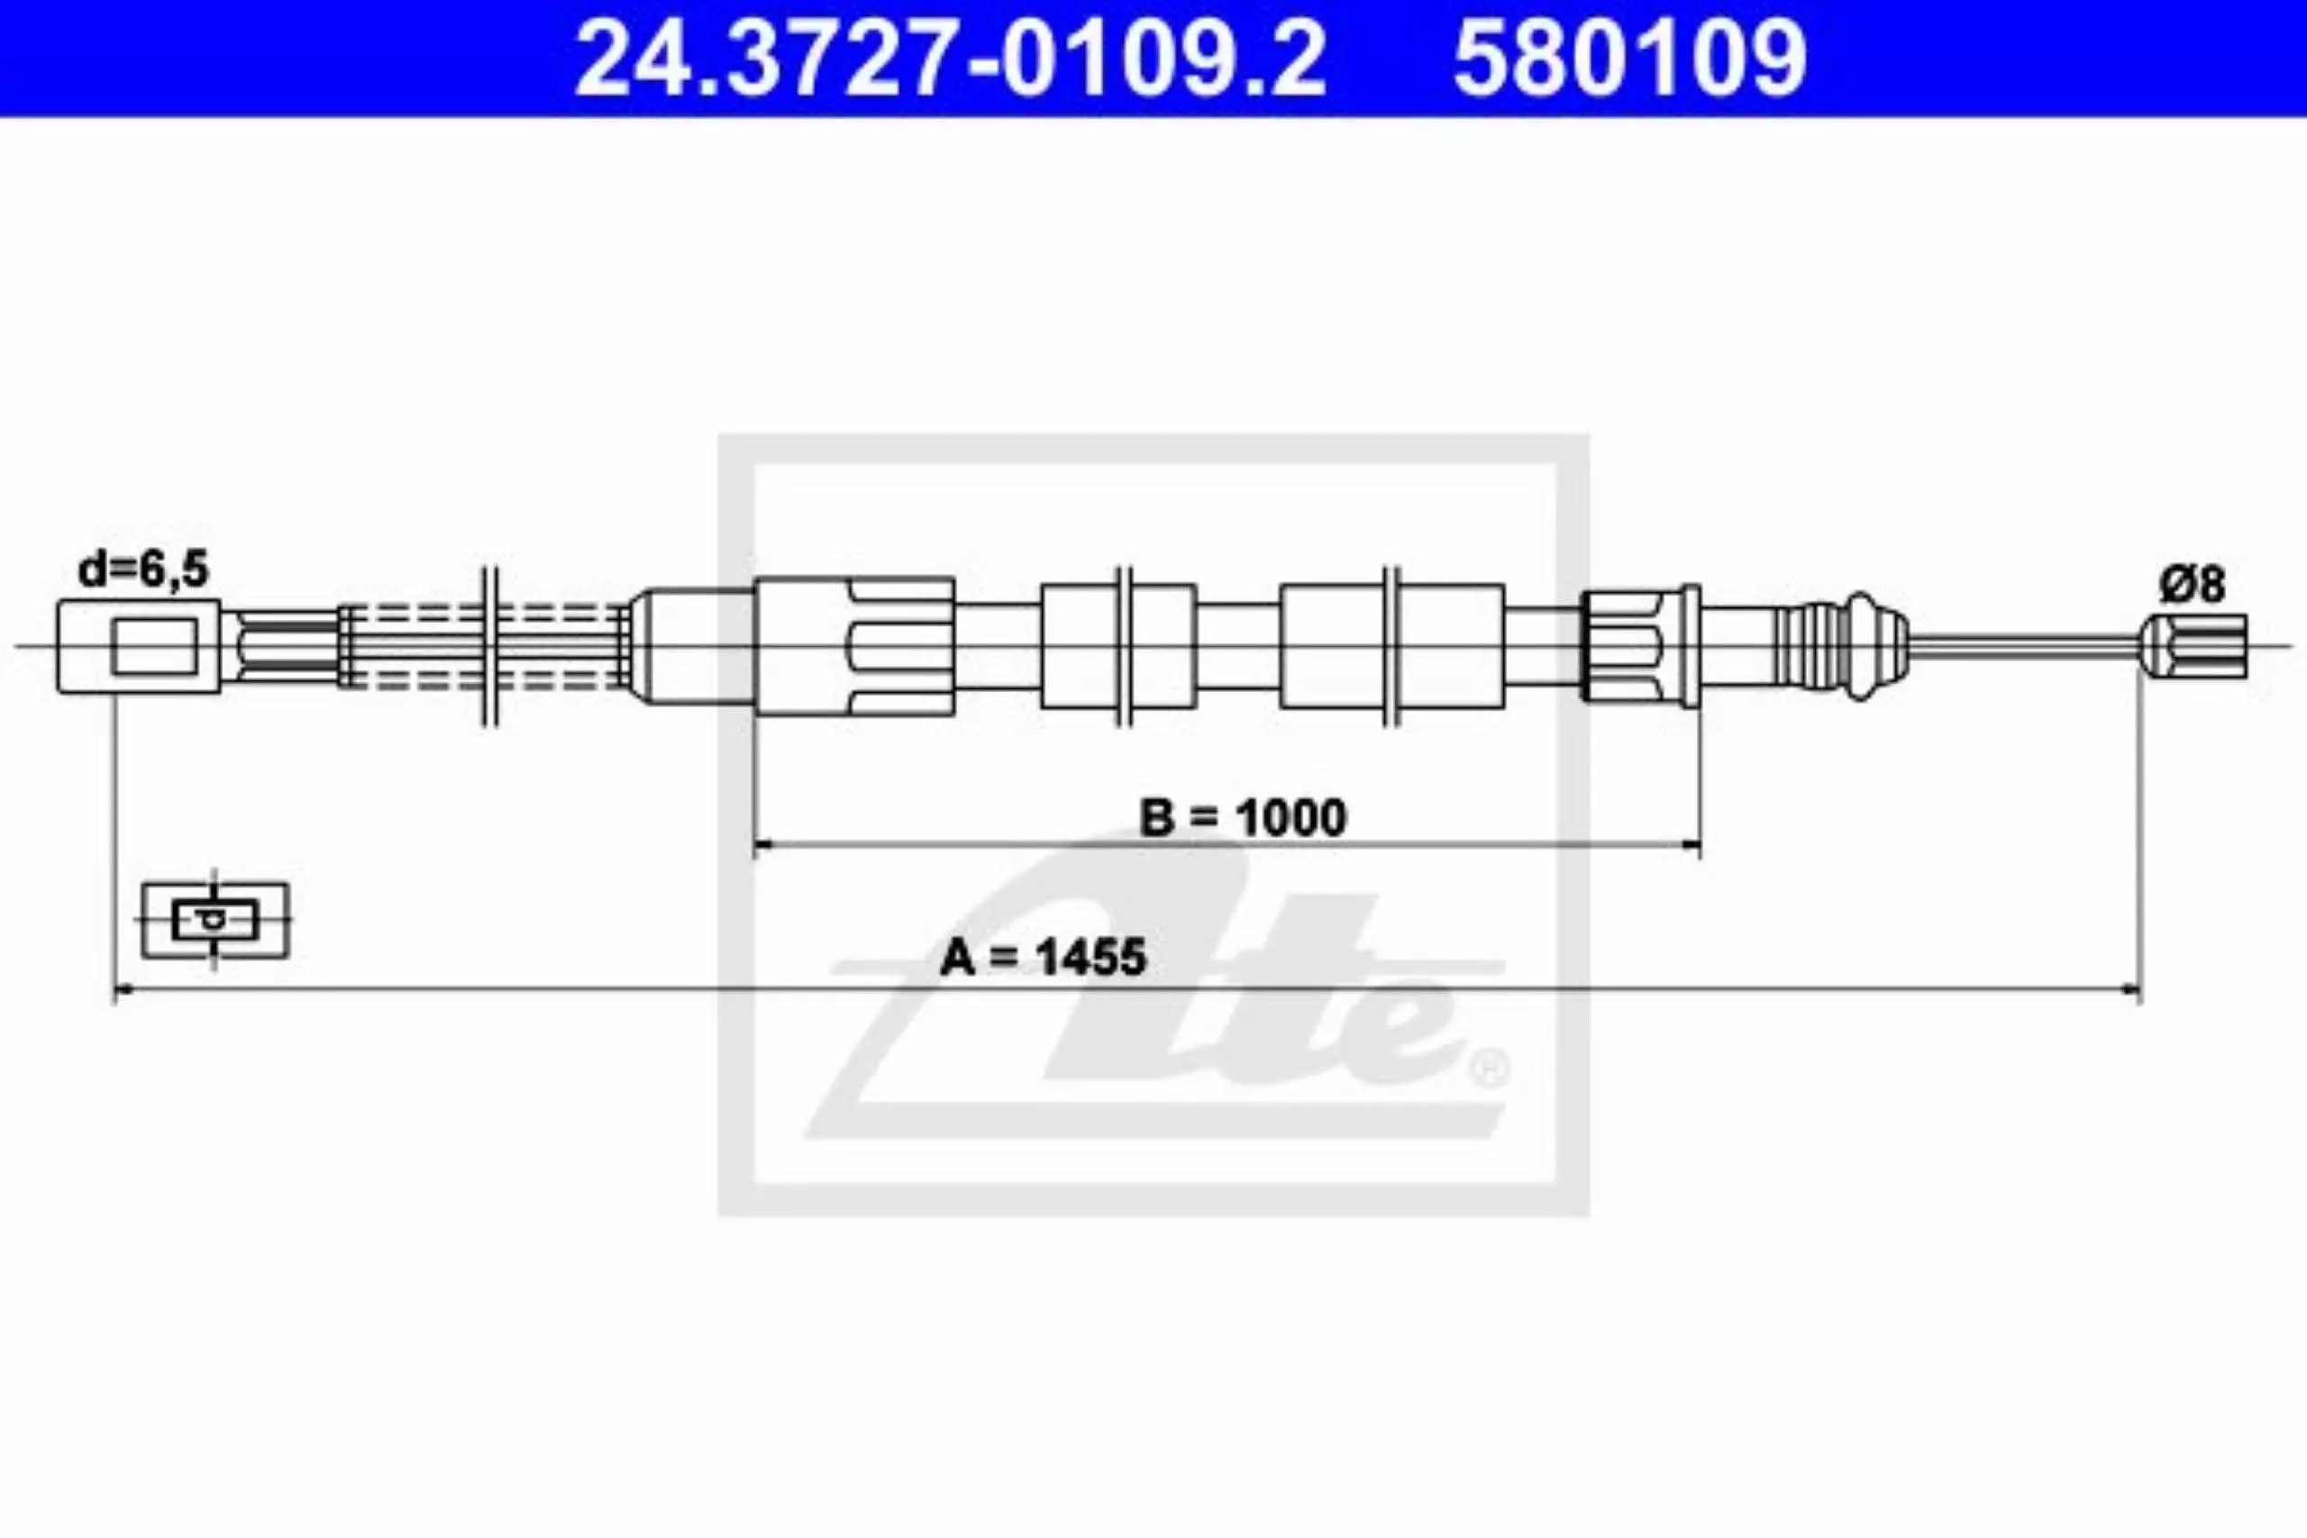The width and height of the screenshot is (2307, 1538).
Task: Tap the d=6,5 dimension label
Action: (x=143, y=569)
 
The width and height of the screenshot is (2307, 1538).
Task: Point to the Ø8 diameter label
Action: (x=2190, y=585)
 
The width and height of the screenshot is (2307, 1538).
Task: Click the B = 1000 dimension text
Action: (x=1243, y=817)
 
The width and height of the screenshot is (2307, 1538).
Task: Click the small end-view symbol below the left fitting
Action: (x=214, y=920)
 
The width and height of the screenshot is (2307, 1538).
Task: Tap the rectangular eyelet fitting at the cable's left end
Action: (x=138, y=648)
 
